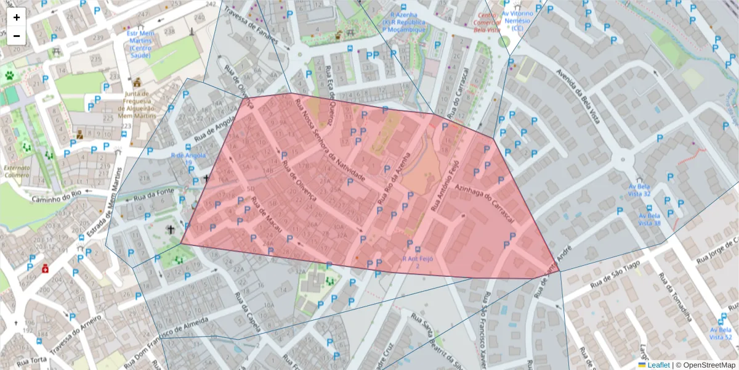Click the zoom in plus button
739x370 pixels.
[x=17, y=17]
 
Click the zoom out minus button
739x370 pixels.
[x=17, y=36]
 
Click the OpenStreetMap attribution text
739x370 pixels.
[x=709, y=365]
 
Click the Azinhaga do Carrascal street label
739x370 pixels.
[x=484, y=203]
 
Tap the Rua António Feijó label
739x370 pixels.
[x=446, y=185]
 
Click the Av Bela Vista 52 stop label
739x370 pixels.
[x=720, y=334]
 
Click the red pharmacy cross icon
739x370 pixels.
[x=45, y=269]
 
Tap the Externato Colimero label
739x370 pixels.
[x=17, y=171]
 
